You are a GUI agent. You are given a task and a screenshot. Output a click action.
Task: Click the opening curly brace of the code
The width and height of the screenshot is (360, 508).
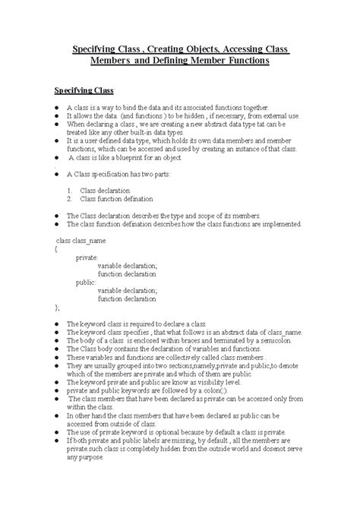pos(55,248)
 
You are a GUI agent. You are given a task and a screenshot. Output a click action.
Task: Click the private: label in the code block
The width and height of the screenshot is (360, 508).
pos(86,257)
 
